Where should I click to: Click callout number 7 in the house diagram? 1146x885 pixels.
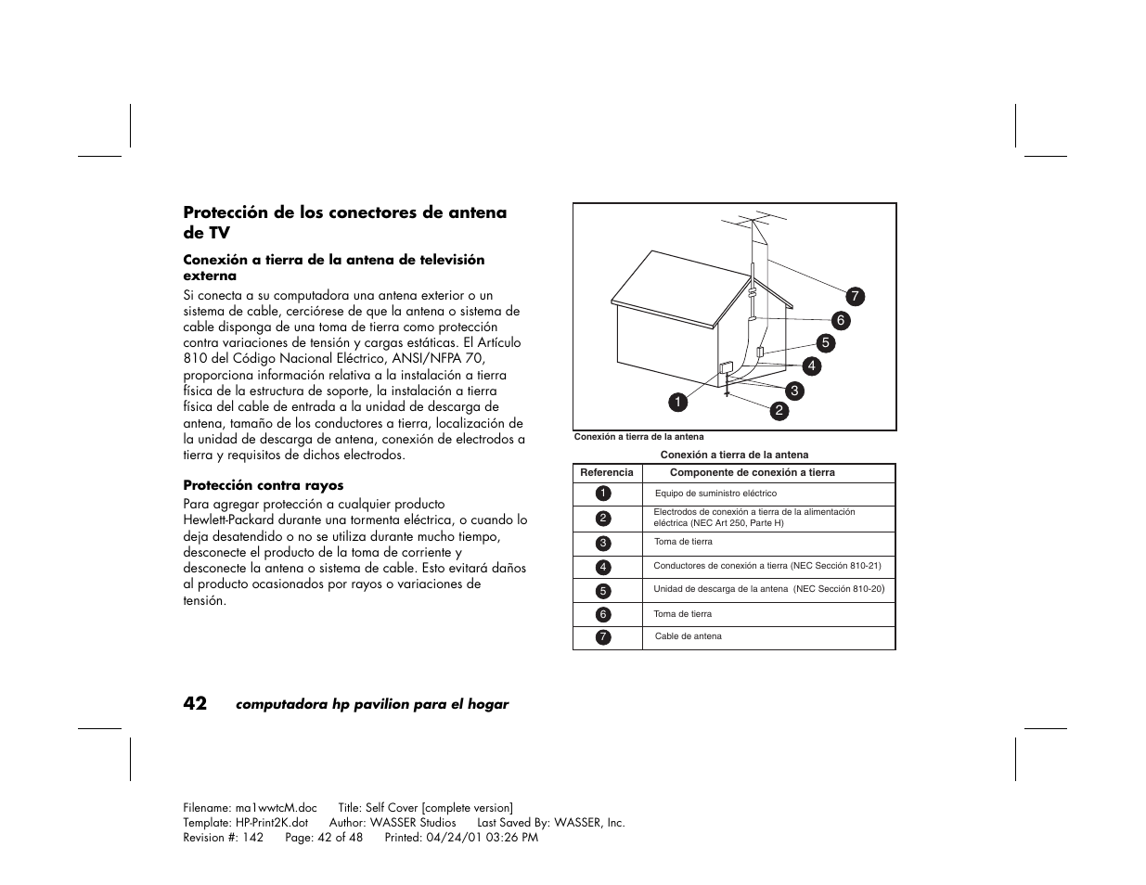coord(855,297)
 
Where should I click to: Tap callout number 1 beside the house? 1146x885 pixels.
coord(678,402)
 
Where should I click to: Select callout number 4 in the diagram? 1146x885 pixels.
coord(811,366)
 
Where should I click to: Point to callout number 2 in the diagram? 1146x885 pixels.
coord(779,410)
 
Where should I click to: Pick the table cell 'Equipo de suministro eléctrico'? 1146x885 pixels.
coord(715,494)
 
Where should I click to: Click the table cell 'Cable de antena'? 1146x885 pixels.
coord(688,636)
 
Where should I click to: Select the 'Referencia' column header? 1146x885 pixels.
coord(607,472)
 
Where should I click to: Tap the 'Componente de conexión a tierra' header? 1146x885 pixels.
coord(758,472)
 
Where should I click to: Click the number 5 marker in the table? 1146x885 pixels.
coord(603,590)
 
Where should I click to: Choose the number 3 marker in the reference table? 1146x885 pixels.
coord(603,543)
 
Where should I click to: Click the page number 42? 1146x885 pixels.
coord(196,703)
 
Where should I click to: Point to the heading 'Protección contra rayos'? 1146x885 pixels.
coord(263,485)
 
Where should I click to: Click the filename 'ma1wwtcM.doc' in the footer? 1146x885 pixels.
coord(276,808)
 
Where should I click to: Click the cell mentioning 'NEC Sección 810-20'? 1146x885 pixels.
coord(768,589)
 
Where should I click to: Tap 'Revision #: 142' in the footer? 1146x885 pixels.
coord(223,837)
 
